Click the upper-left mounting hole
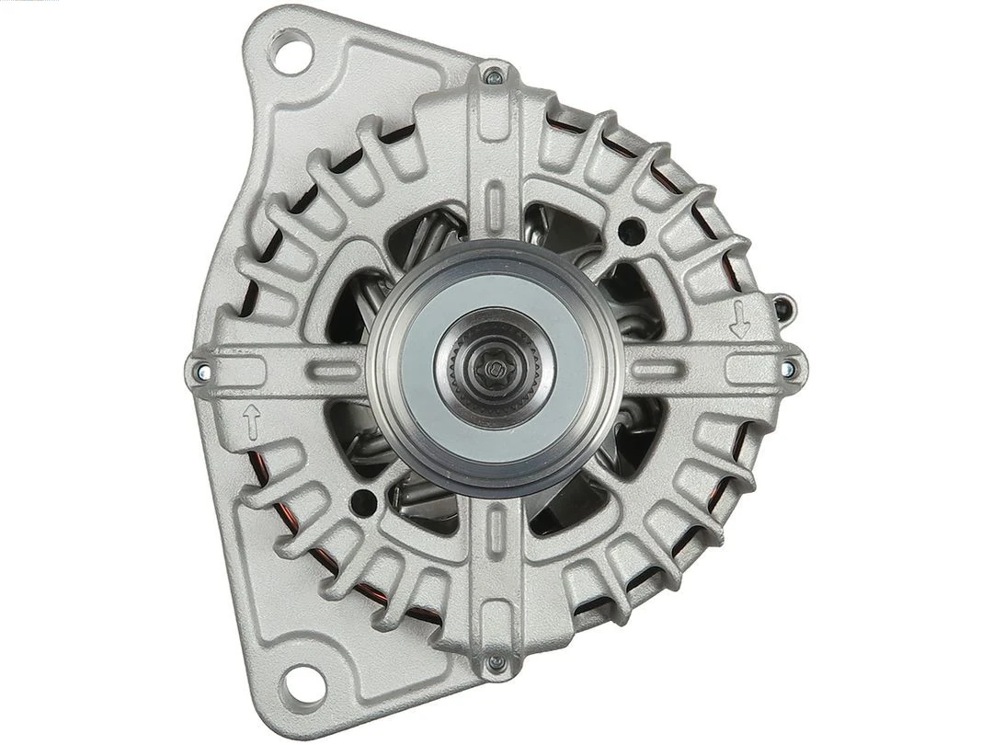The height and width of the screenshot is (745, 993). (x=291, y=52)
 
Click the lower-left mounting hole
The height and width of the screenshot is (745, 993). (x=303, y=683)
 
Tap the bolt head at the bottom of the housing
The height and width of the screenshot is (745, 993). (x=496, y=662)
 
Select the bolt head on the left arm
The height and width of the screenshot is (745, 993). (x=201, y=372)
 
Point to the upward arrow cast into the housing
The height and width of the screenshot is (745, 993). (x=251, y=422)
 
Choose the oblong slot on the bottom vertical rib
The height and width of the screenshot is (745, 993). (x=496, y=533)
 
